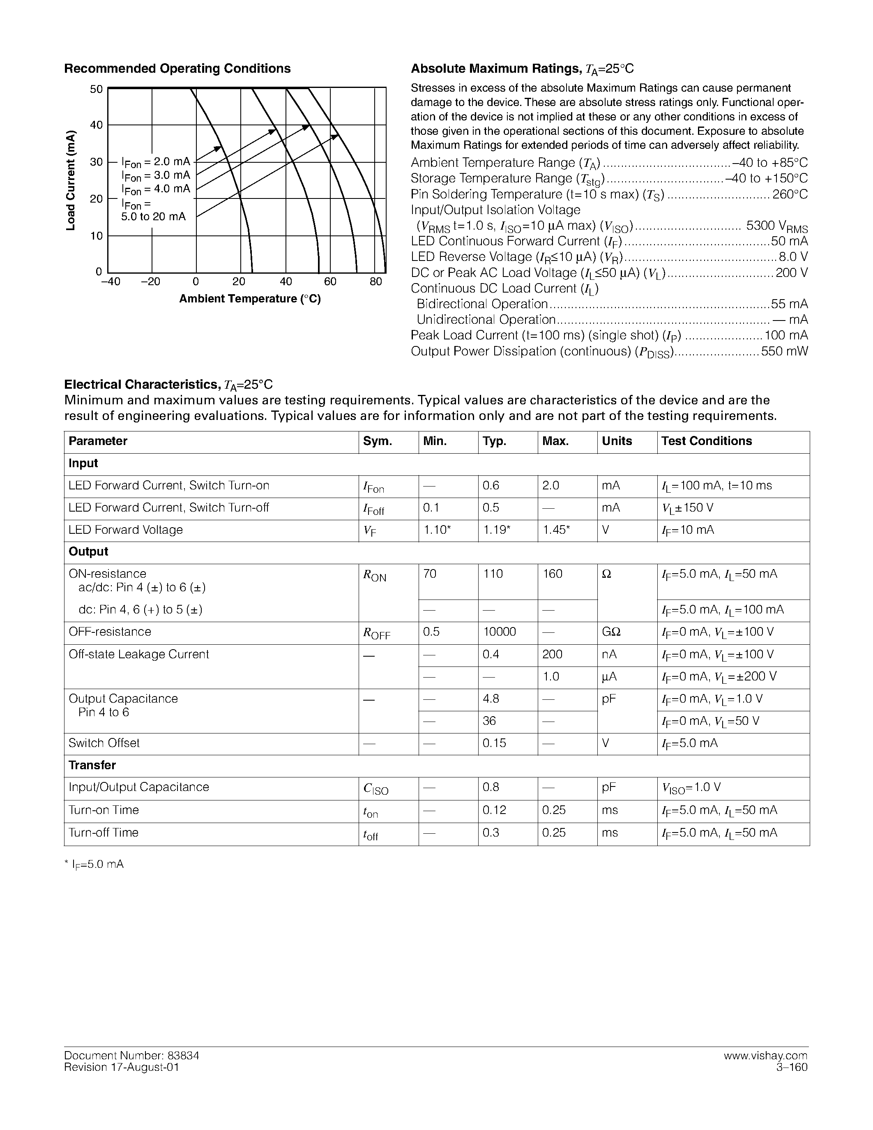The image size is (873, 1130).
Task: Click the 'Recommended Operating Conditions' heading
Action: click(x=177, y=69)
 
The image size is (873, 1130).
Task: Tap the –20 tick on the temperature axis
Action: click(x=150, y=282)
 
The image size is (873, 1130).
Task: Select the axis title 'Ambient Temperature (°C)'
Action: click(x=250, y=299)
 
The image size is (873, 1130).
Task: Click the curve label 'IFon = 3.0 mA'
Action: click(x=156, y=176)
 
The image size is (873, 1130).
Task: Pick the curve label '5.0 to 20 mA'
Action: click(x=153, y=217)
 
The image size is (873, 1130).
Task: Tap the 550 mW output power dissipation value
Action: click(x=784, y=352)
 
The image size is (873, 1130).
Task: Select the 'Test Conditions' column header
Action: click(x=706, y=441)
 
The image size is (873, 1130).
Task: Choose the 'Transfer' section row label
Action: click(x=92, y=765)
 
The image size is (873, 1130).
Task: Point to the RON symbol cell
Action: click(x=374, y=575)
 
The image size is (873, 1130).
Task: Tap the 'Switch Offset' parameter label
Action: click(x=104, y=743)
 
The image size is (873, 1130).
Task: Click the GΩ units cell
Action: click(x=611, y=632)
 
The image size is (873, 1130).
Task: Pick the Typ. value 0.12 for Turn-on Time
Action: click(x=494, y=810)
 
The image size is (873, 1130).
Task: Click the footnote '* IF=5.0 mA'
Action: click(x=94, y=865)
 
